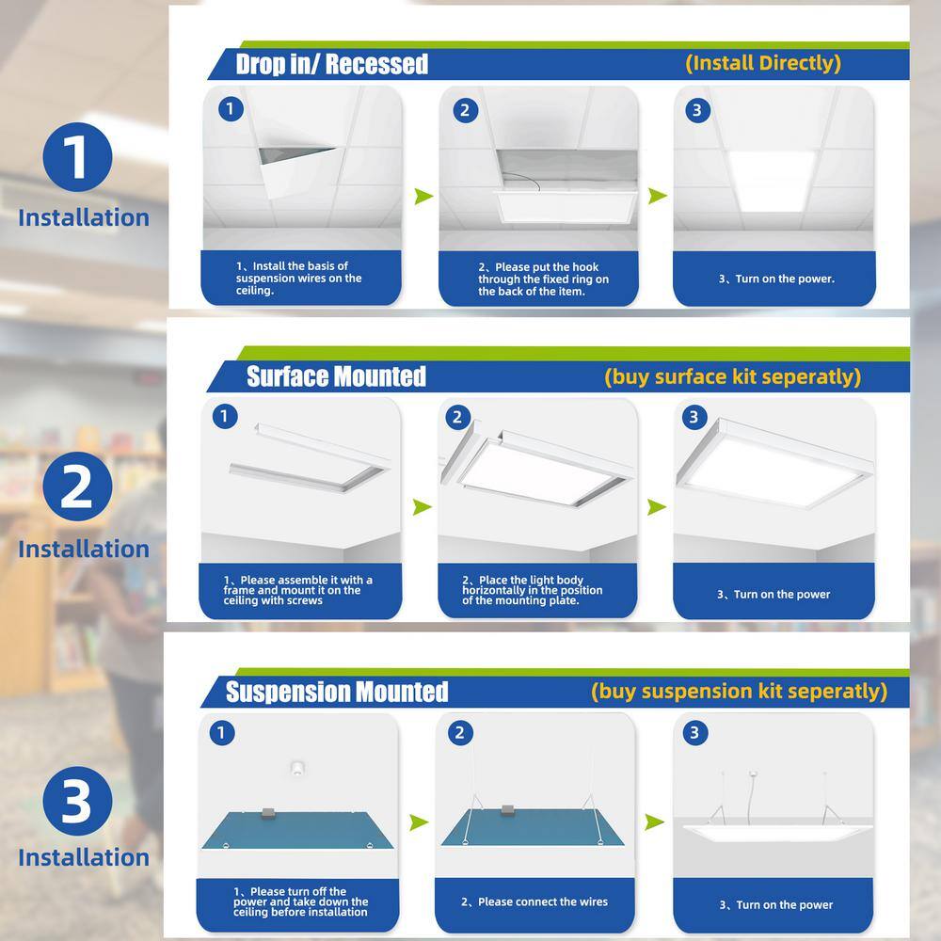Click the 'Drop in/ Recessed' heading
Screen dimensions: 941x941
pyautogui.click(x=332, y=64)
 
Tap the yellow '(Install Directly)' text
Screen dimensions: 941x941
pyautogui.click(x=763, y=63)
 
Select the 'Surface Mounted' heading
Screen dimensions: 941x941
pyautogui.click(x=336, y=376)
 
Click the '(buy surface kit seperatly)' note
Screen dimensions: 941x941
pyautogui.click(x=733, y=377)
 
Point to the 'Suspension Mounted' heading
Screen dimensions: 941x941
pyautogui.click(x=337, y=692)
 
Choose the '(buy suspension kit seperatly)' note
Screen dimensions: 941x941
pyautogui.click(x=739, y=692)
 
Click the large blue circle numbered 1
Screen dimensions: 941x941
pyautogui.click(x=77, y=157)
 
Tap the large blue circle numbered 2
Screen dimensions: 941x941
pyautogui.click(x=77, y=486)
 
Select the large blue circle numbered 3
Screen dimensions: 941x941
pyautogui.click(x=77, y=801)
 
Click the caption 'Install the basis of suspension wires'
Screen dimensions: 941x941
pyautogui.click(x=298, y=278)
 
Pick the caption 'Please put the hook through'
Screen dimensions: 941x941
pyautogui.click(x=543, y=279)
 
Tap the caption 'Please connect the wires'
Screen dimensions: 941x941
pyautogui.click(x=534, y=902)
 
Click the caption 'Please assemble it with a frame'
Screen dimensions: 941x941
pyautogui.click(x=297, y=590)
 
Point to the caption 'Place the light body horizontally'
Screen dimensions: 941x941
pyautogui.click(x=532, y=590)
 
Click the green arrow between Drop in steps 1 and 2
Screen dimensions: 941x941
pyautogui.click(x=423, y=196)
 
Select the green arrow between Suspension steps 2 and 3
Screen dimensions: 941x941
pyautogui.click(x=655, y=821)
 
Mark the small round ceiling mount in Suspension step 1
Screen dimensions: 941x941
pyautogui.click(x=297, y=768)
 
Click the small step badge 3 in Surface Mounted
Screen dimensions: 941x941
pyautogui.click(x=694, y=417)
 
